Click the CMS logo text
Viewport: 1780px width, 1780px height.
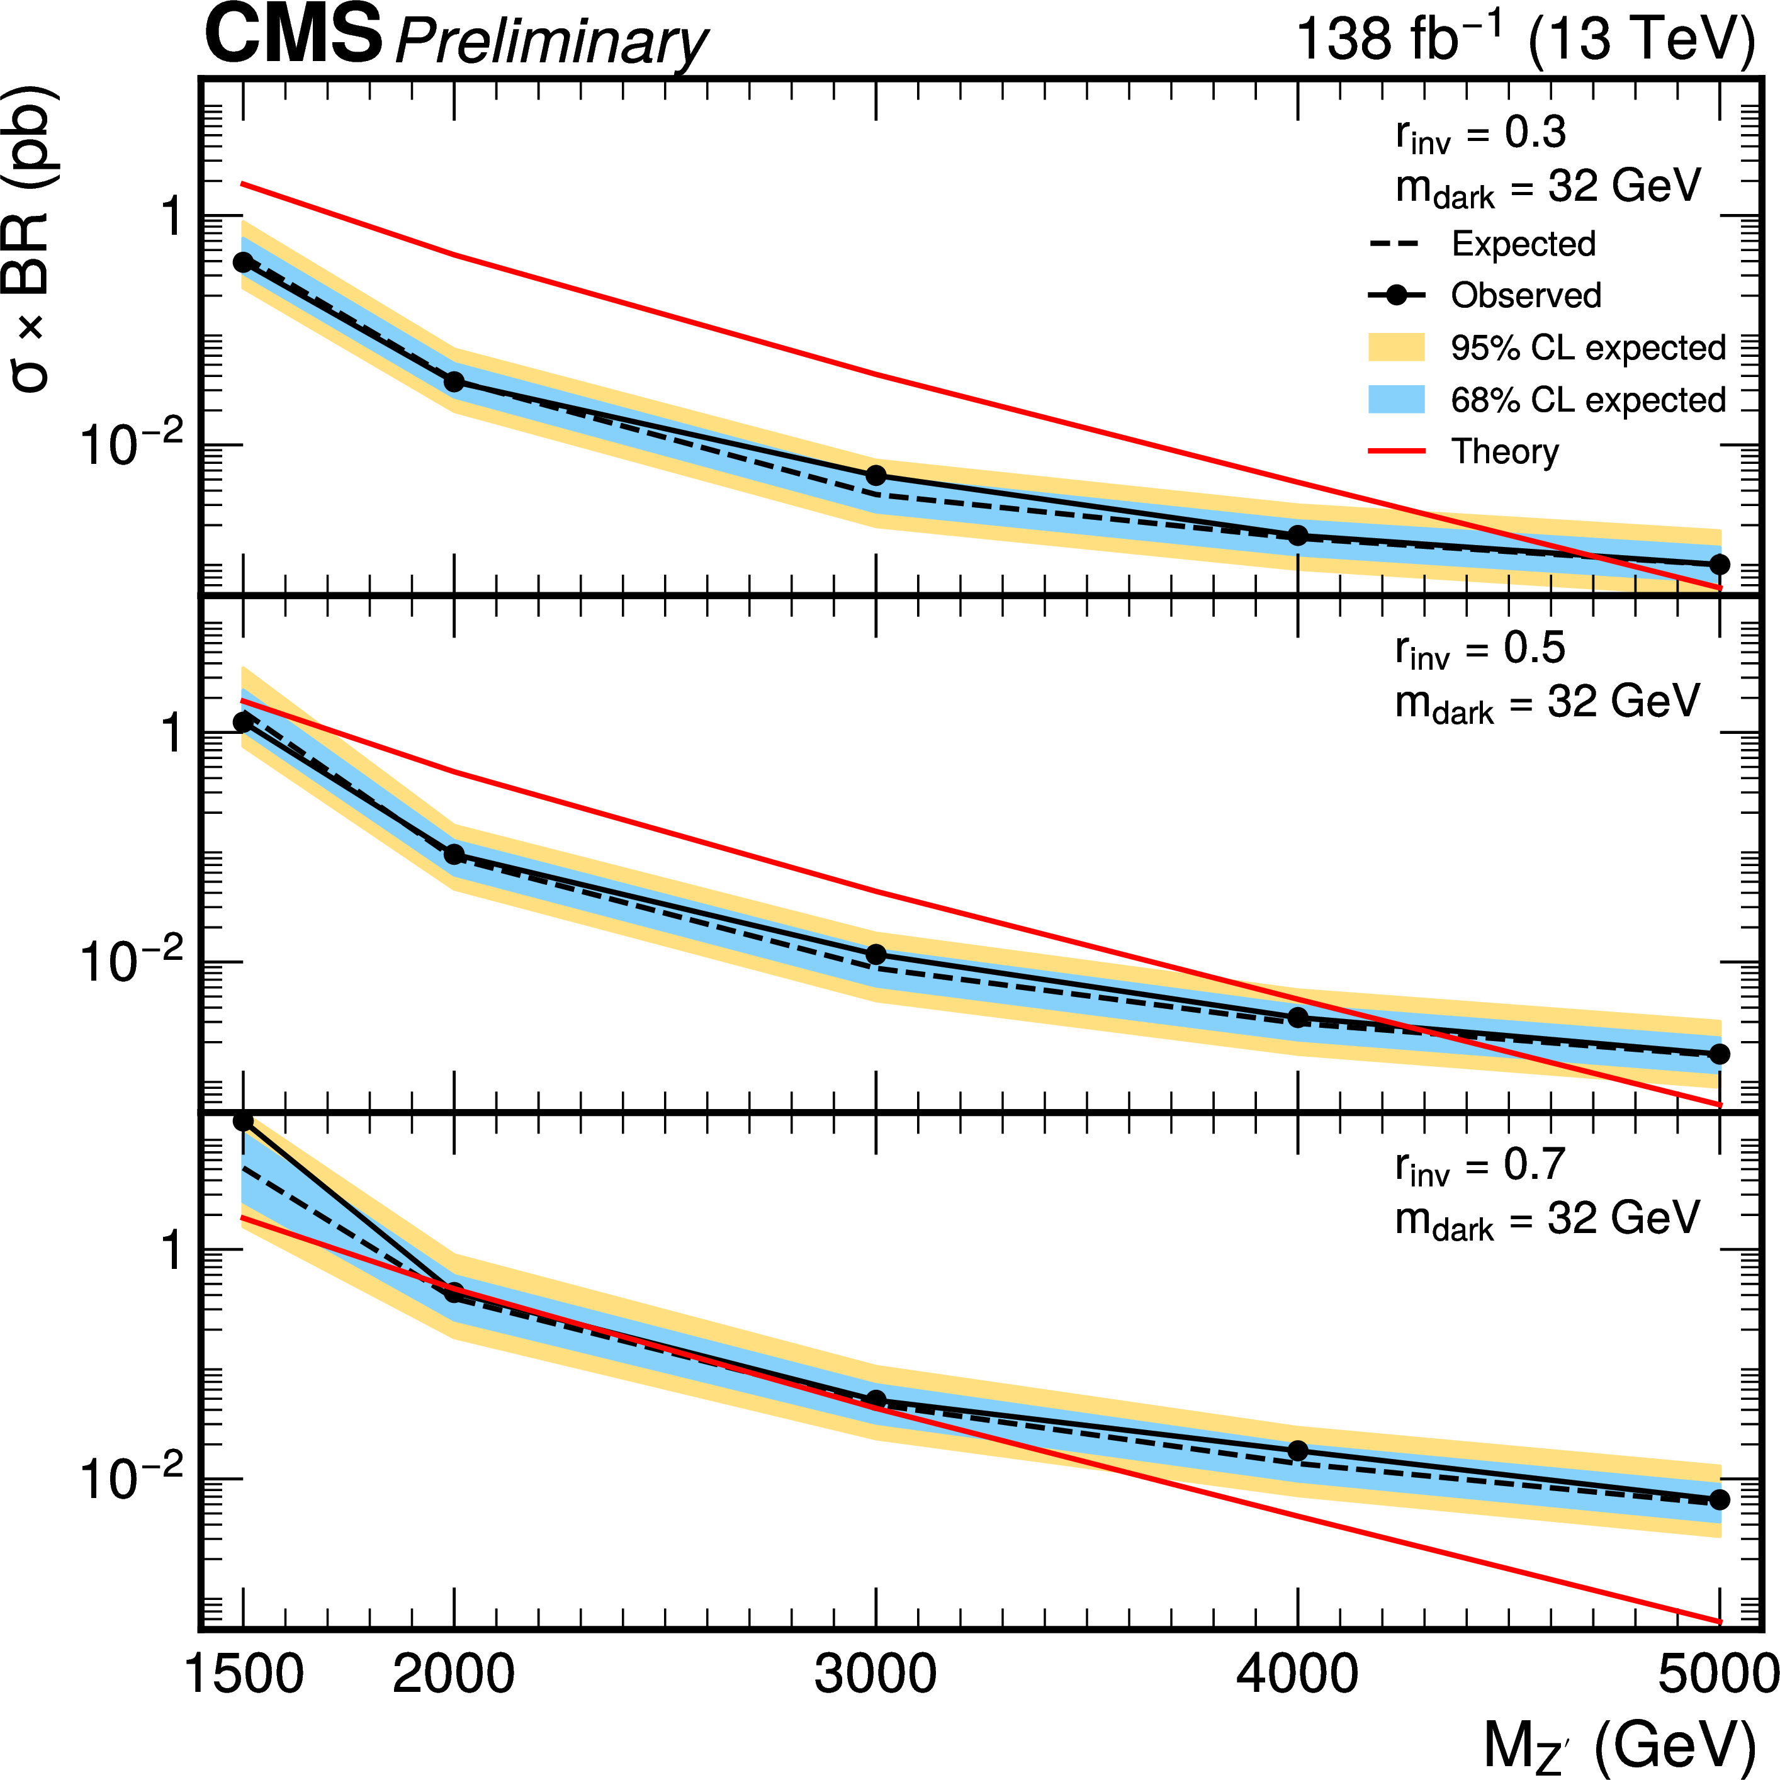click(x=293, y=35)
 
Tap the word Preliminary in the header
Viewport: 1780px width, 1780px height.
click(x=551, y=42)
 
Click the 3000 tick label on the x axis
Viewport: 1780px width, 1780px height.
click(x=876, y=1674)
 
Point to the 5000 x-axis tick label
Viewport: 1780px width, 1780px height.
click(x=1717, y=1674)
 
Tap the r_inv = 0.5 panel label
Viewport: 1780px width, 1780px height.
click(x=1480, y=650)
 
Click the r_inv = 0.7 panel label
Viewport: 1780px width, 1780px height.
click(x=1480, y=1166)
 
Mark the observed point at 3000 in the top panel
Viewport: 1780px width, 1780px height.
click(x=876, y=475)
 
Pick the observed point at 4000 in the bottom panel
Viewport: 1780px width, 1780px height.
click(x=1298, y=1451)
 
